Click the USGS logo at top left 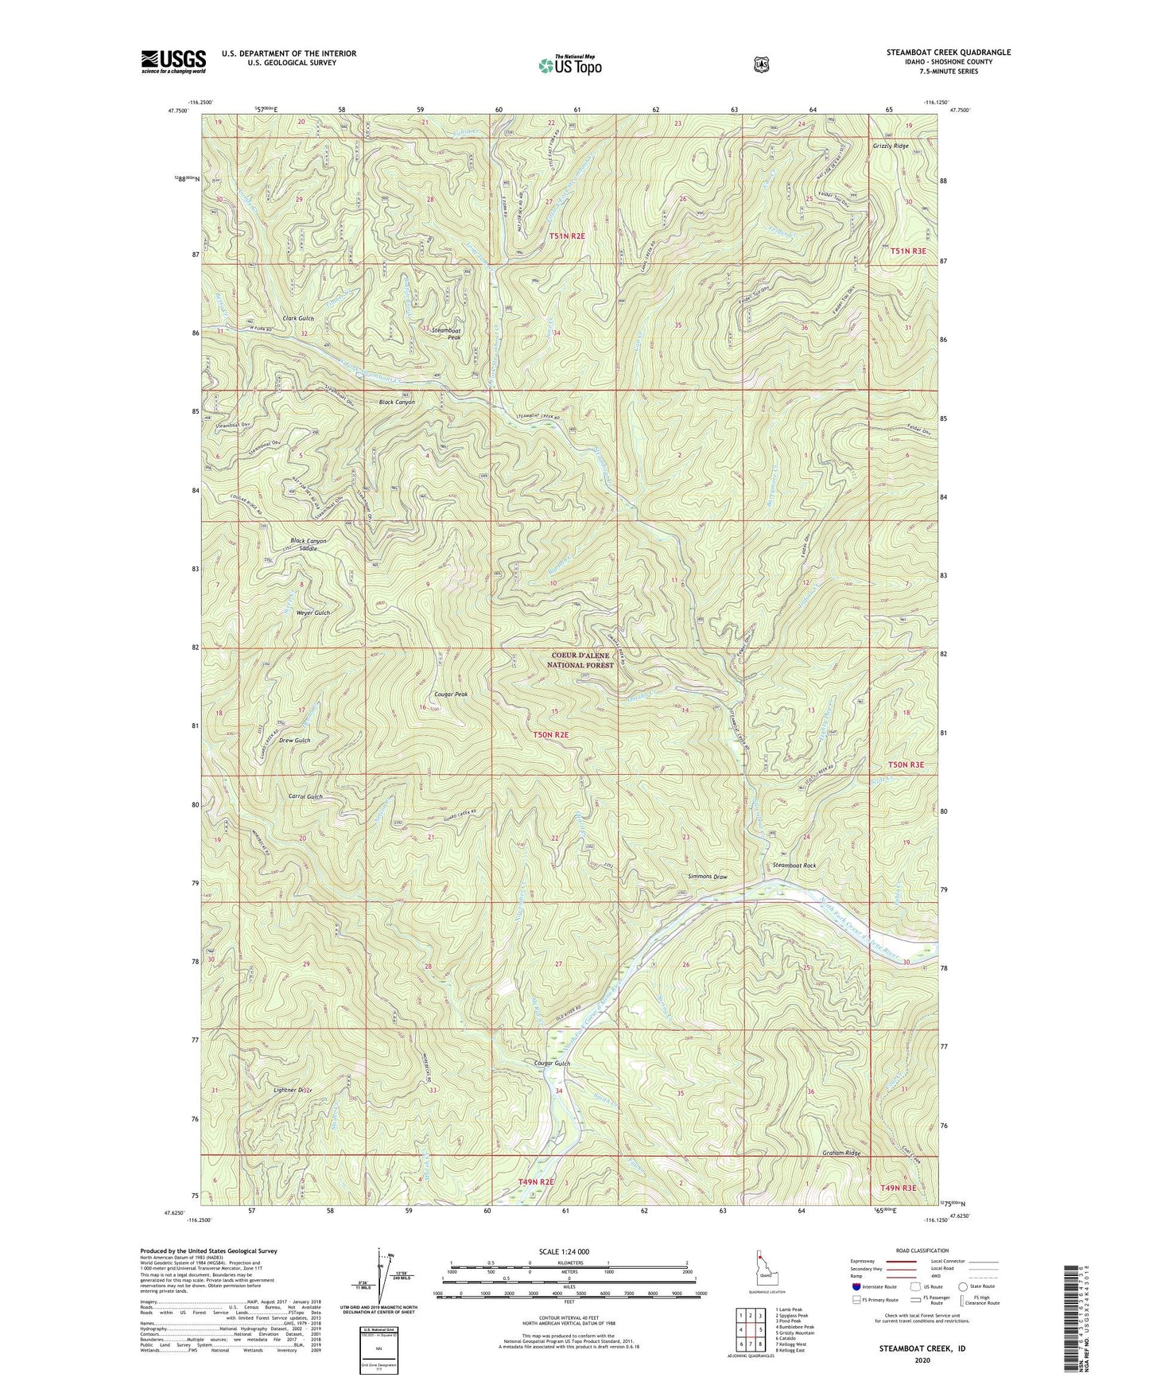click(x=173, y=61)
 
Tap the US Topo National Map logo click(x=569, y=65)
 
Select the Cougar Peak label click(x=451, y=694)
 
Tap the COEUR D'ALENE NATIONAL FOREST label click(x=582, y=660)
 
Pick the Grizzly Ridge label click(x=890, y=146)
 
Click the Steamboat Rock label click(x=794, y=866)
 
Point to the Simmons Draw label click(x=708, y=877)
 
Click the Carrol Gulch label click(x=305, y=796)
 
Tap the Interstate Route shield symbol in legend click(x=856, y=1286)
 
